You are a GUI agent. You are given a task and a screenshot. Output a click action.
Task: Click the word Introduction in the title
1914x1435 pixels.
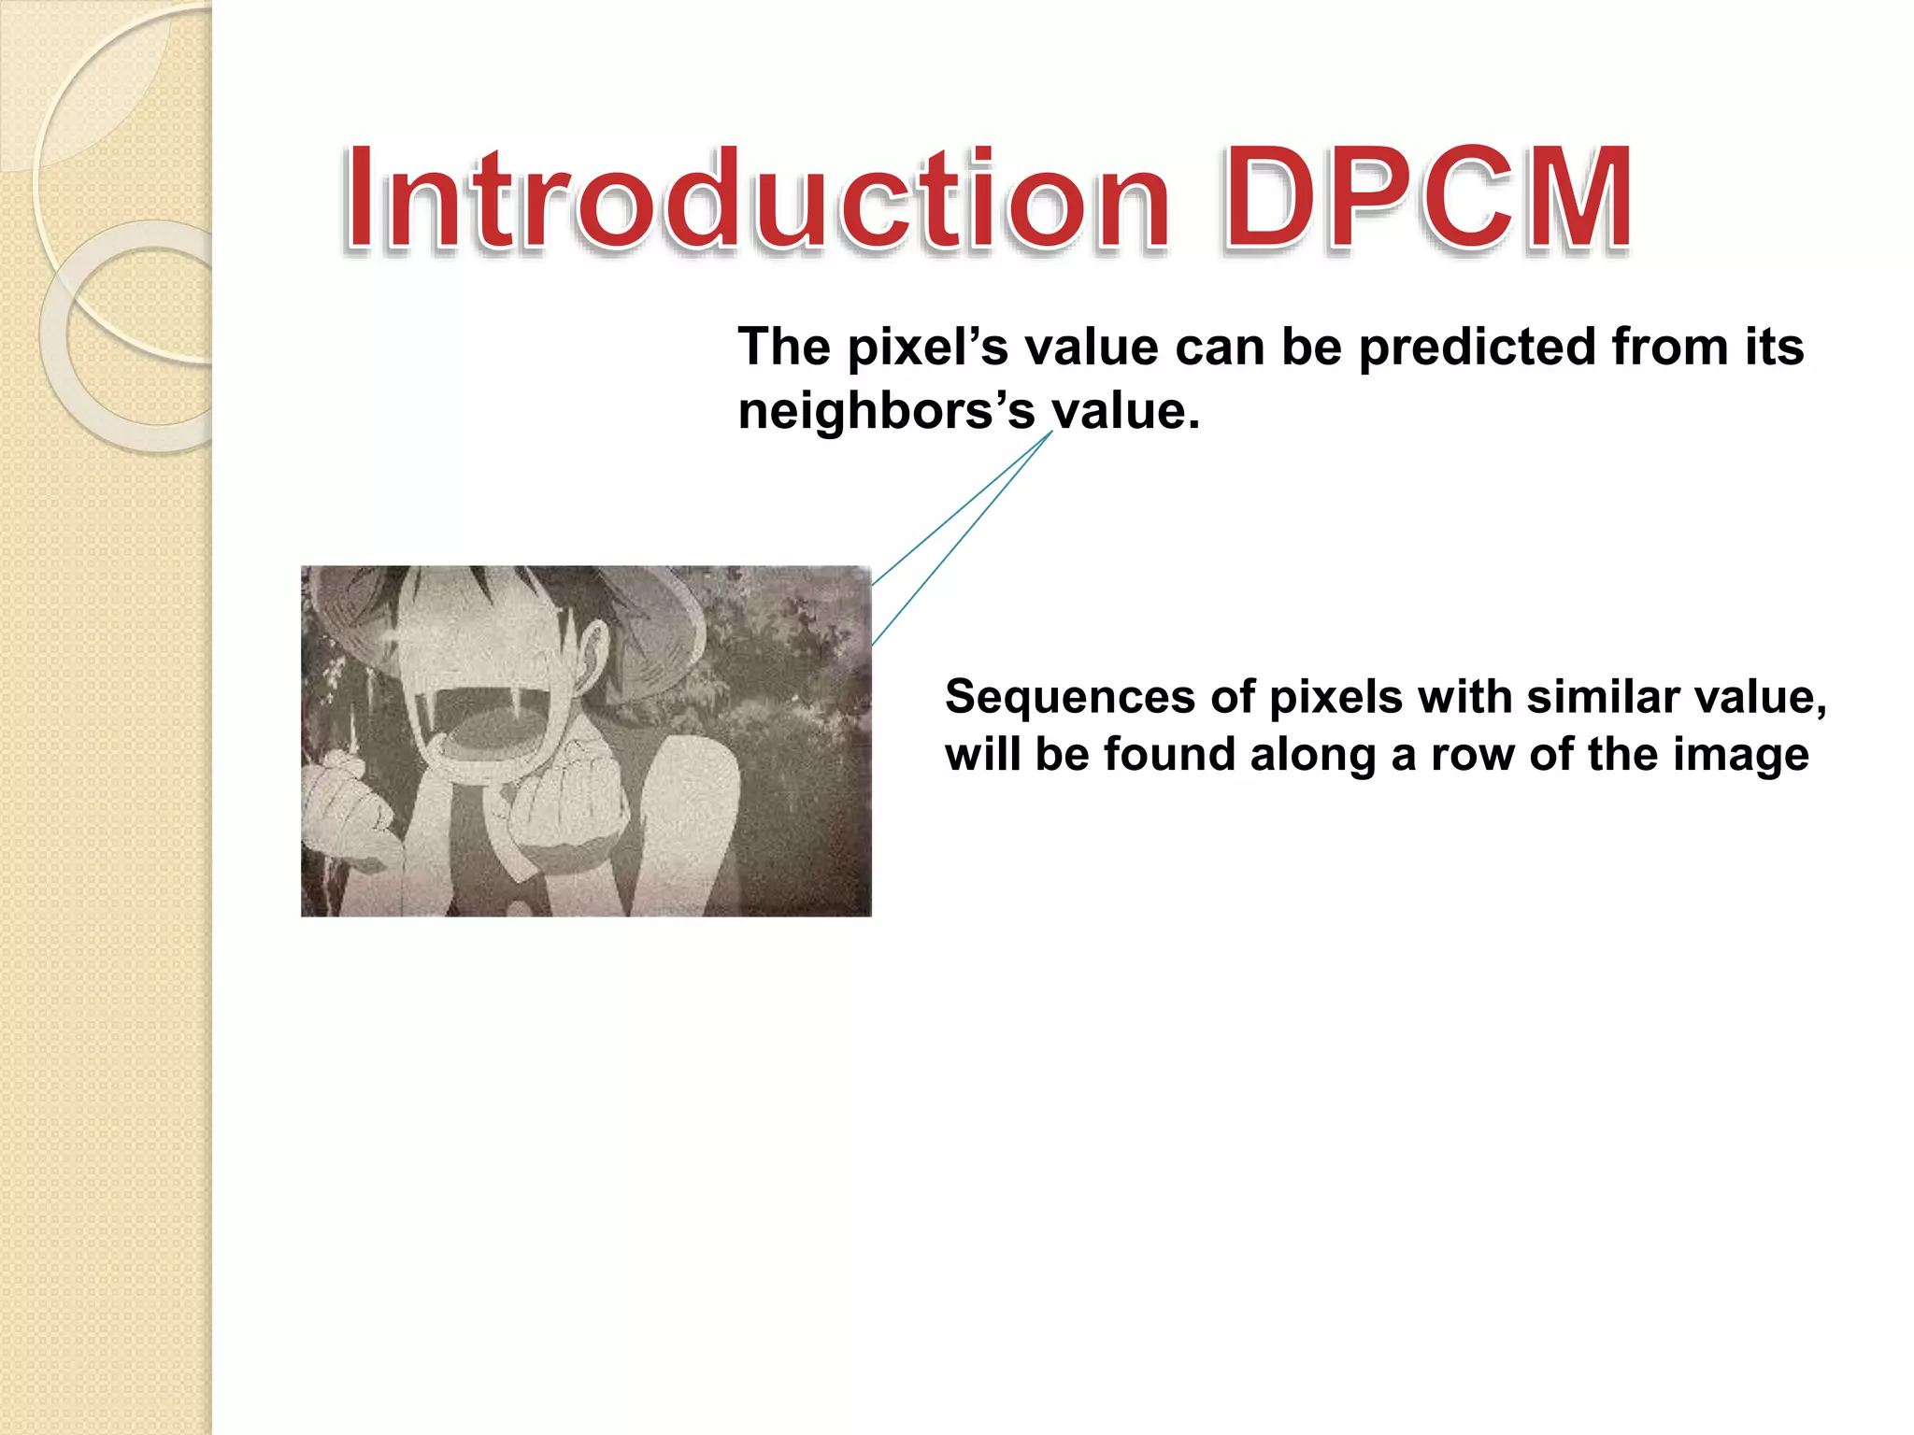[x=757, y=199]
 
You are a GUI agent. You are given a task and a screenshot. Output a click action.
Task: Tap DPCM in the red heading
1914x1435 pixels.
[x=1427, y=199]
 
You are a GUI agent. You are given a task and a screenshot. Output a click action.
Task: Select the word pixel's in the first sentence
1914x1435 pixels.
[x=928, y=348]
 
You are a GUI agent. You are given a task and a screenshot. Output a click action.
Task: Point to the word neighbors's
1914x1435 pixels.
[x=886, y=411]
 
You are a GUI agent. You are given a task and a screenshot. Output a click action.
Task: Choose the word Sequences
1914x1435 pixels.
[x=1069, y=697]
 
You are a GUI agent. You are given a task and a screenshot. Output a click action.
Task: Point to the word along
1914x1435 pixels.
[x=1313, y=755]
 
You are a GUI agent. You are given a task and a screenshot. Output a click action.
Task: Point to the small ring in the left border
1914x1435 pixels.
[x=140, y=336]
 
